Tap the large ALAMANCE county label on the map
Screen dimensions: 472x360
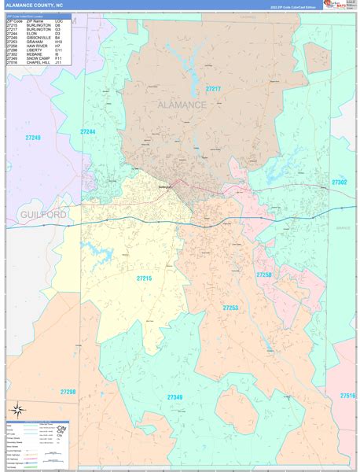tap(182, 105)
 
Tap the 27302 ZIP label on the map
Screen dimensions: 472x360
tap(339, 182)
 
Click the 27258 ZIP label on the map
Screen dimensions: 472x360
tap(264, 275)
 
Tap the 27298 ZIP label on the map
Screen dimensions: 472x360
tap(68, 391)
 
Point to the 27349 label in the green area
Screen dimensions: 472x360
tap(174, 397)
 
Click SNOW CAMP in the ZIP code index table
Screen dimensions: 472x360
tap(39, 57)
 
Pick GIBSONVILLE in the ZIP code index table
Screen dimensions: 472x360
tap(41, 38)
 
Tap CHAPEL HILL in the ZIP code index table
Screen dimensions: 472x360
tap(39, 61)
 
